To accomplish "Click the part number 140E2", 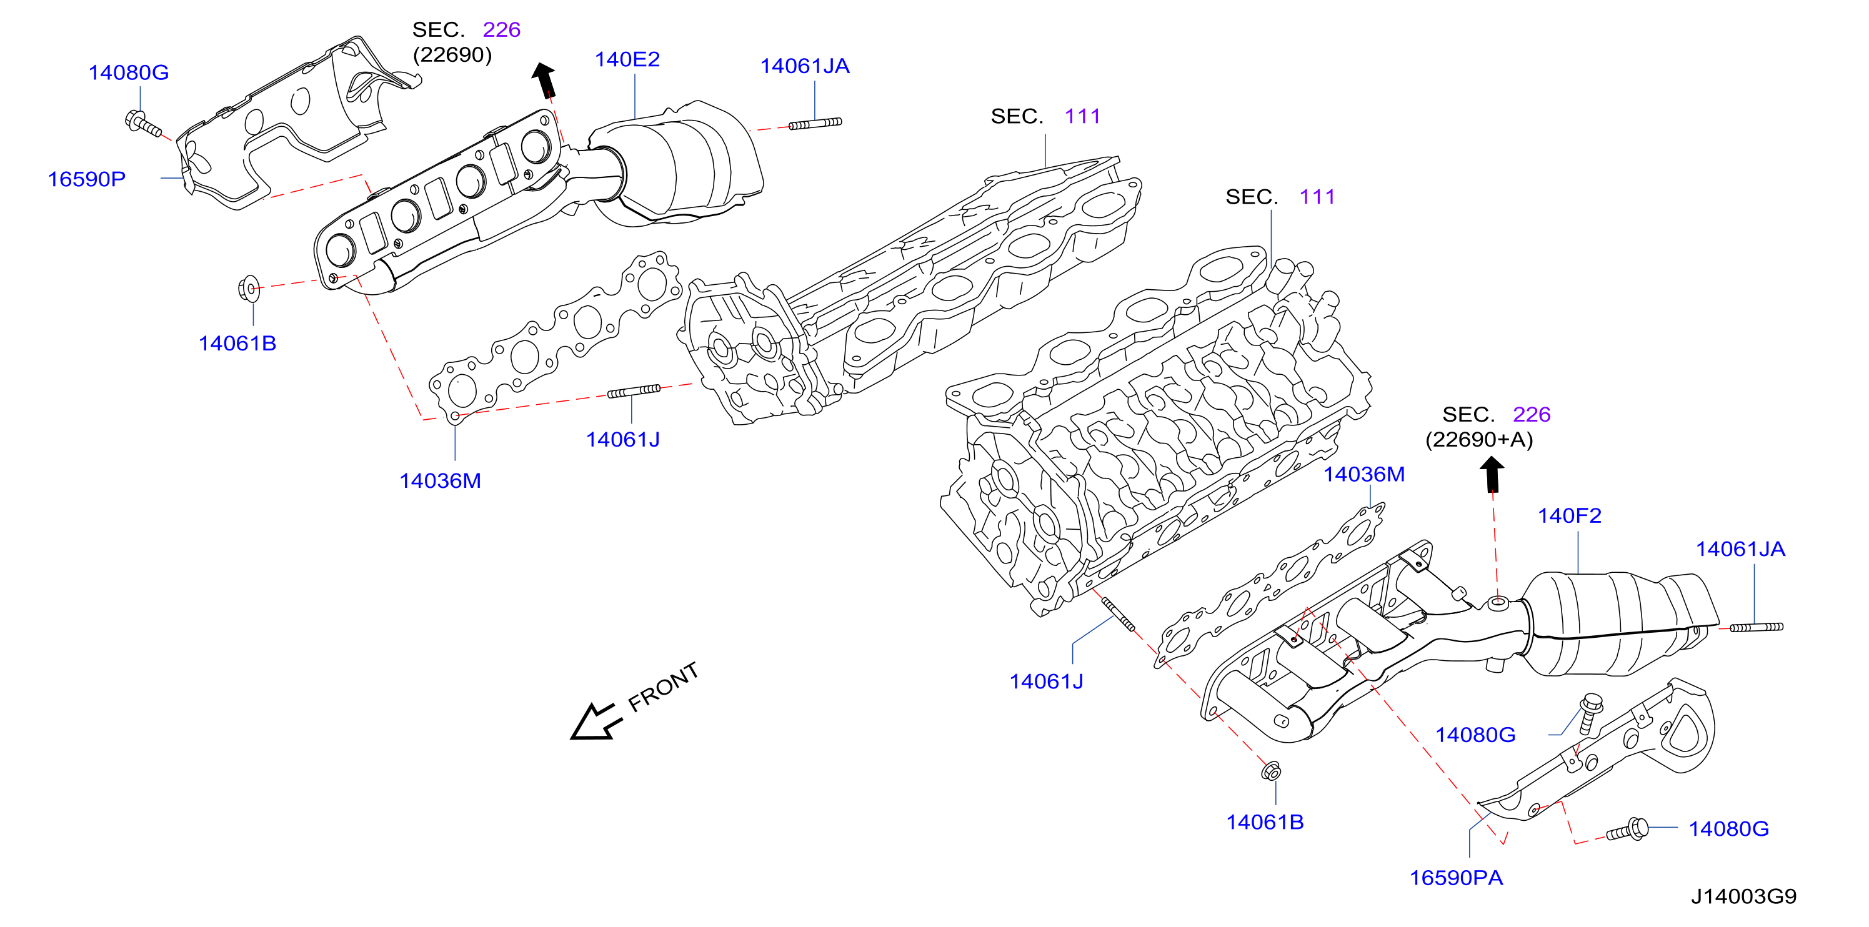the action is click(x=627, y=59).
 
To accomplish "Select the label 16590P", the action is click(x=86, y=179).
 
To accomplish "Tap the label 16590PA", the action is click(x=1455, y=878).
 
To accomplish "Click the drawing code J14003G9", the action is click(x=1743, y=896).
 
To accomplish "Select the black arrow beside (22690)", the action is click(x=544, y=80).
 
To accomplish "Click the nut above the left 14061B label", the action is click(x=249, y=289).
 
